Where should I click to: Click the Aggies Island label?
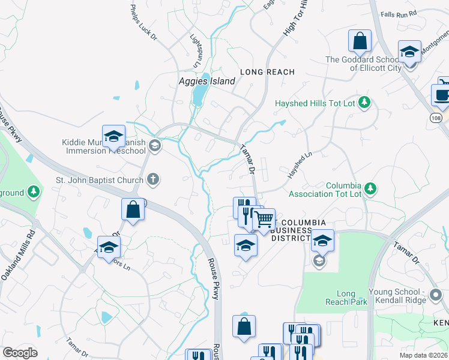click(x=206, y=82)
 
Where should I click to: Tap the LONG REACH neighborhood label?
click(x=267, y=72)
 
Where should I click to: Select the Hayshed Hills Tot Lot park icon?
click(x=364, y=103)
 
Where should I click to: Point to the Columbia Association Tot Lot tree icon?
click(x=371, y=189)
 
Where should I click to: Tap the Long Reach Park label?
click(x=346, y=298)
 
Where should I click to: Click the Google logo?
click(x=20, y=353)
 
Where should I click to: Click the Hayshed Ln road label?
click(x=300, y=163)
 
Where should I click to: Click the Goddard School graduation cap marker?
click(x=409, y=52)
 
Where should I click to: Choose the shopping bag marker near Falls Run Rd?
click(x=360, y=41)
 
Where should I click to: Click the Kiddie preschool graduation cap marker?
click(x=113, y=136)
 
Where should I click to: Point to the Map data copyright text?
click(x=424, y=355)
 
